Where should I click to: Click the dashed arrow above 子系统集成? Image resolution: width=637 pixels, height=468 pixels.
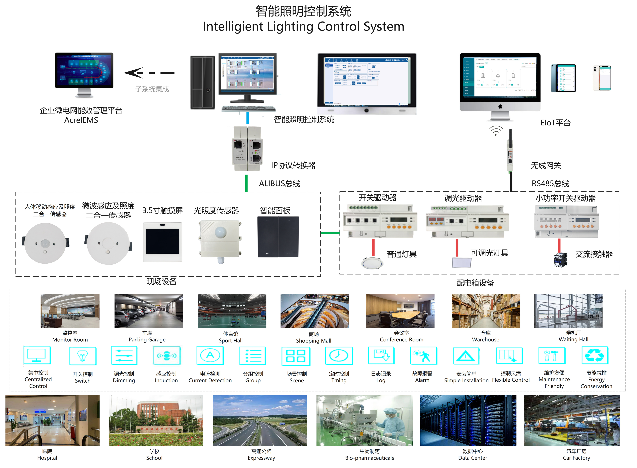pyautogui.click(x=149, y=73)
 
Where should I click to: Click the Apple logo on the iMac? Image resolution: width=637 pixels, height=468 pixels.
pyautogui.click(x=500, y=106)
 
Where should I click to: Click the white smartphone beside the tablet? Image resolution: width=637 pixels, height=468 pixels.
pyautogui.click(x=602, y=78)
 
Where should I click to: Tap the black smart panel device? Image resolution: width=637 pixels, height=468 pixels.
pyautogui.click(x=278, y=237)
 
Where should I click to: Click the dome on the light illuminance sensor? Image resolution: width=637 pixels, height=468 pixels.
pyautogui.click(x=220, y=232)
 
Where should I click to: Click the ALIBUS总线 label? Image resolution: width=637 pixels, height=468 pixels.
pyautogui.click(x=279, y=184)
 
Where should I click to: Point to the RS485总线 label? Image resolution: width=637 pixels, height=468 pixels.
pyautogui.click(x=550, y=184)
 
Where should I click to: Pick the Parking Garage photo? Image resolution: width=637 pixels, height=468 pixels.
pyautogui.click(x=149, y=311)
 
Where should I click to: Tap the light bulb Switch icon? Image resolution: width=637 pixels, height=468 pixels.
pyautogui.click(x=83, y=356)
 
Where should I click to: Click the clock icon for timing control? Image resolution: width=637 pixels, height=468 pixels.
pyautogui.click(x=339, y=356)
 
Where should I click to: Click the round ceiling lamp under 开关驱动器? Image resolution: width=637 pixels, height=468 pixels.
pyautogui.click(x=372, y=263)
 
